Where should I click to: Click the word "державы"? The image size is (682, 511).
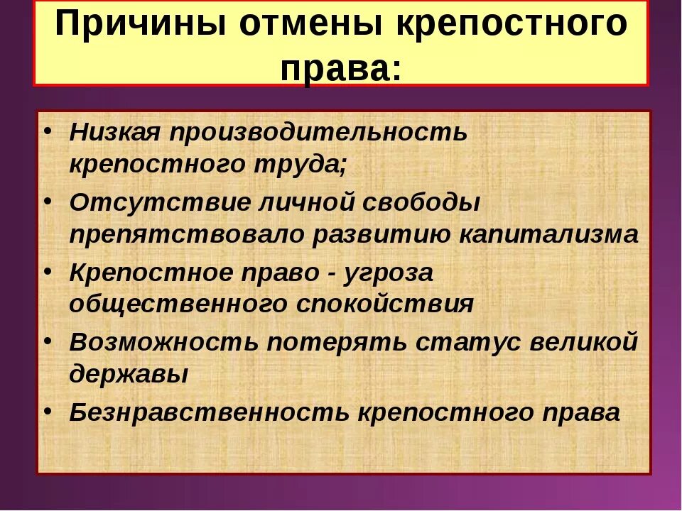point(129,374)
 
